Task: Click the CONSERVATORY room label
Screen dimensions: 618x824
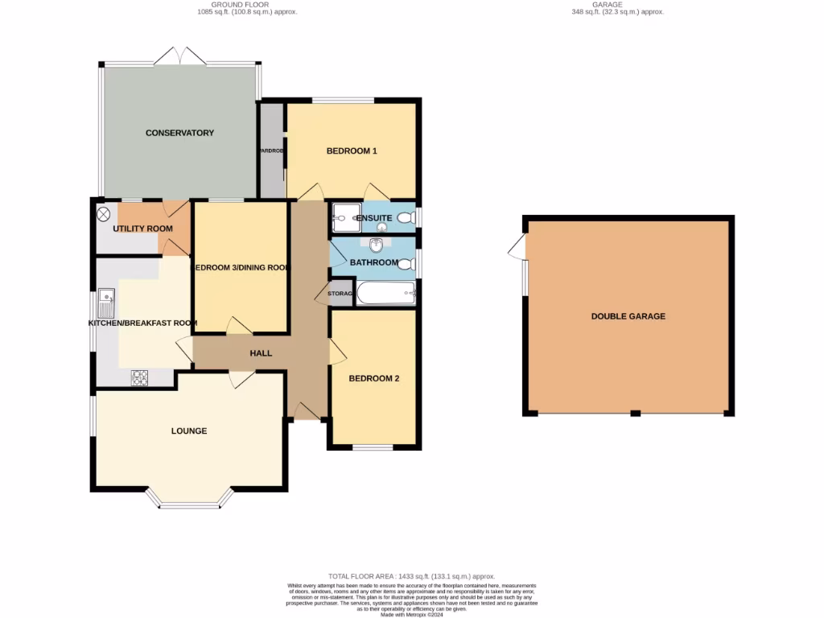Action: pos(179,133)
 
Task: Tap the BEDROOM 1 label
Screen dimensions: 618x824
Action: pos(352,151)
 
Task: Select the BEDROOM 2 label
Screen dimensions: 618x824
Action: pos(373,378)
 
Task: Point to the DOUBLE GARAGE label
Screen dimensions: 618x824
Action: pos(628,316)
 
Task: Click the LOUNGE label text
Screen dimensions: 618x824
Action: pos(189,431)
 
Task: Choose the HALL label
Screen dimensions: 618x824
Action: pos(261,353)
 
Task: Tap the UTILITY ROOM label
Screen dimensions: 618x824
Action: pos(142,229)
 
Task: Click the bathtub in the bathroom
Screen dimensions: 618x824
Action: pos(385,294)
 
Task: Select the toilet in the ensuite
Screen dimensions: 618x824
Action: pos(406,216)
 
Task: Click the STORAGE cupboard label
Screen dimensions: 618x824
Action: pos(340,294)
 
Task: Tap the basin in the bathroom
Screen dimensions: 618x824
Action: pos(375,245)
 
